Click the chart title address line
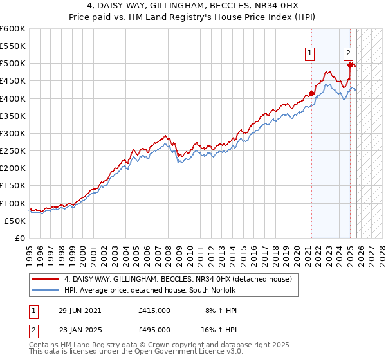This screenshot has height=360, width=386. (192, 6)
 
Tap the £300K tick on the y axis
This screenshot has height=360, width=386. (13, 133)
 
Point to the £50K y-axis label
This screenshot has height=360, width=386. (15, 221)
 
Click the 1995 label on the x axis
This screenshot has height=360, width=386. (30, 251)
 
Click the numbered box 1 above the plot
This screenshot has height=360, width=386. (310, 53)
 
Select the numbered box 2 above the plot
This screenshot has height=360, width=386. (348, 53)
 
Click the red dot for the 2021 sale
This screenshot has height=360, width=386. (312, 93)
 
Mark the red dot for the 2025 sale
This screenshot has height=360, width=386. (350, 65)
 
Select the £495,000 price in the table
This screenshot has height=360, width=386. (154, 329)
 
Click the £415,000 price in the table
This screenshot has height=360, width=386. (154, 310)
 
